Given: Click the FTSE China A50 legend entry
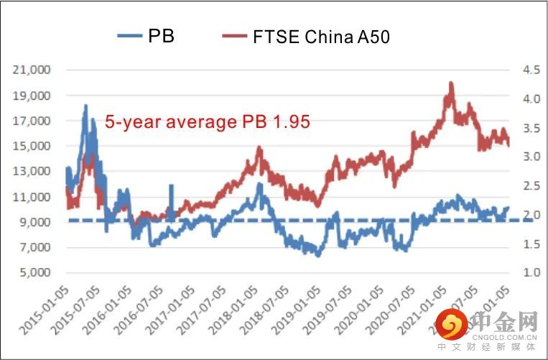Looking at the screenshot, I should pyautogui.click(x=306, y=35).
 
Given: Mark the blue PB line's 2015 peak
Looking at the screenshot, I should pyautogui.click(x=85, y=106).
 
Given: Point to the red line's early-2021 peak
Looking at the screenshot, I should pyautogui.click(x=450, y=83).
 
